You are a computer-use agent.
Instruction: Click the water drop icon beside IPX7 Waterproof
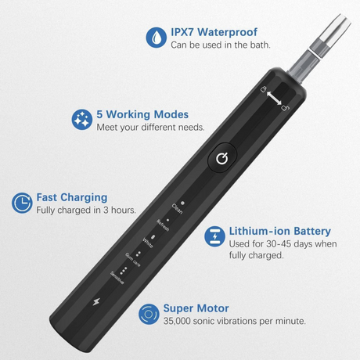pyautogui.click(x=156, y=38)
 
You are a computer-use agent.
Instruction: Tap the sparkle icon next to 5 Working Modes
pyautogui.click(x=82, y=120)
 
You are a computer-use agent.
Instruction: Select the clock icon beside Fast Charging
pyautogui.click(x=22, y=203)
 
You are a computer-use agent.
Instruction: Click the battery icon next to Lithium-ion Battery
pyautogui.click(x=214, y=236)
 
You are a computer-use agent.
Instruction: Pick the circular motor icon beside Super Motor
pyautogui.click(x=149, y=314)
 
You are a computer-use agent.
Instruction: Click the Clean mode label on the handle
pyautogui.click(x=177, y=209)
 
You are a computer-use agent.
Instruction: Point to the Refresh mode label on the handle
pyautogui.click(x=163, y=225)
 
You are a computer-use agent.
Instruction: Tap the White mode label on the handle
pyautogui.click(x=148, y=243)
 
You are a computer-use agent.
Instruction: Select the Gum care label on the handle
pyautogui.click(x=133, y=260)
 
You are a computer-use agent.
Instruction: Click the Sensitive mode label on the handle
pyautogui.click(x=117, y=278)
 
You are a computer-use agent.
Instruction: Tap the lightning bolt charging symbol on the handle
pyautogui.click(x=96, y=302)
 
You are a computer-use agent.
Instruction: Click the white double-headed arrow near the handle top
pyautogui.click(x=274, y=98)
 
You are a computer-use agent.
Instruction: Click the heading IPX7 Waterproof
pyautogui.click(x=214, y=32)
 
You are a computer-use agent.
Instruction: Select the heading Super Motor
pyautogui.click(x=196, y=308)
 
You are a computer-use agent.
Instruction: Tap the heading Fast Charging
pyautogui.click(x=72, y=198)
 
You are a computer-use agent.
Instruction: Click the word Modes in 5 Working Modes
pyautogui.click(x=171, y=114)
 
